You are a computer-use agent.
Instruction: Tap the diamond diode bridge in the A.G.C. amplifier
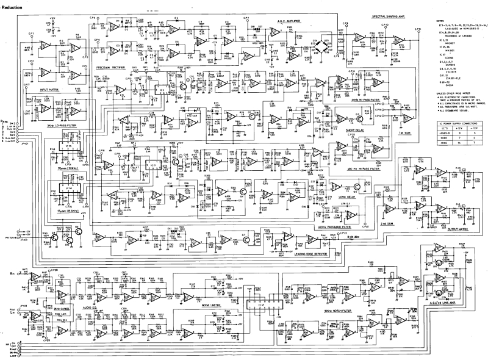pyautogui.click(x=316, y=46)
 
